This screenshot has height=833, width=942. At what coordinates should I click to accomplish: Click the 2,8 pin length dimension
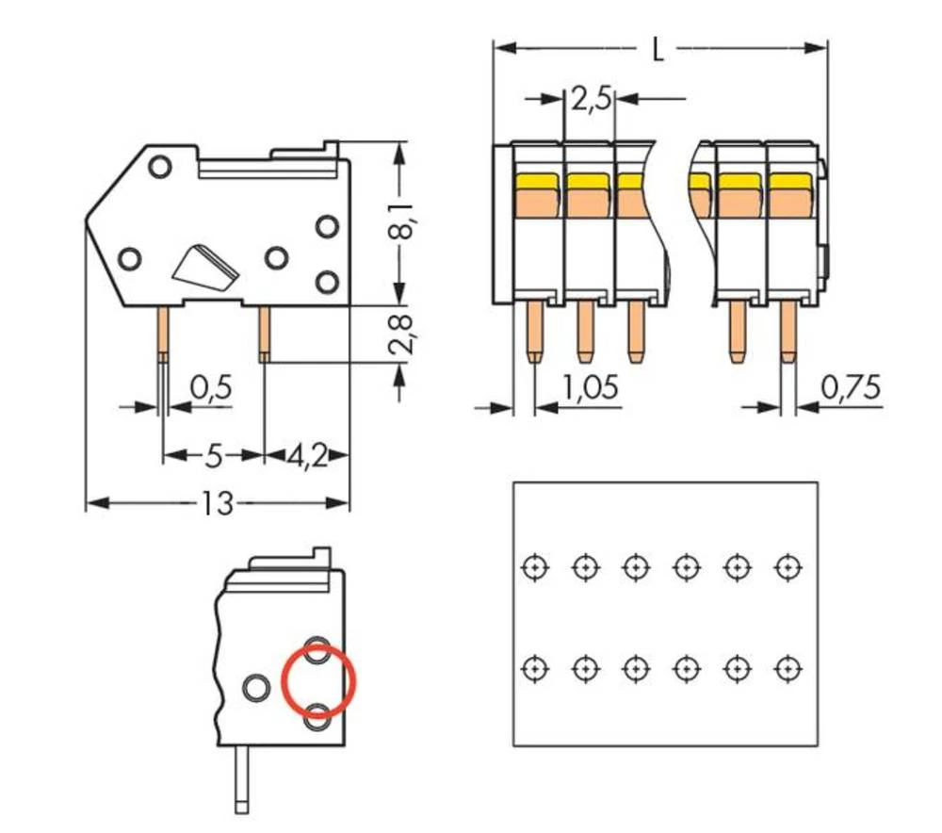click(402, 334)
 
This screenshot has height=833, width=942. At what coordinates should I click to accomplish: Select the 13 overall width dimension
click(217, 504)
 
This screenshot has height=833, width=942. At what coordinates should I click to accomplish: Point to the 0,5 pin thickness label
click(211, 386)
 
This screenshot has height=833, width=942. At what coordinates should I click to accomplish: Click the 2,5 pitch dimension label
click(591, 98)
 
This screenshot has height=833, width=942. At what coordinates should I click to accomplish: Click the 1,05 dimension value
click(590, 387)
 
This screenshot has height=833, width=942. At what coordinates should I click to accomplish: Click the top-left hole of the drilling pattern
click(535, 567)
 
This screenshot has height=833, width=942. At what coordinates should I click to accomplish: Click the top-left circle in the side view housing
click(158, 166)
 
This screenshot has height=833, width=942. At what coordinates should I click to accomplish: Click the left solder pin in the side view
click(163, 334)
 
